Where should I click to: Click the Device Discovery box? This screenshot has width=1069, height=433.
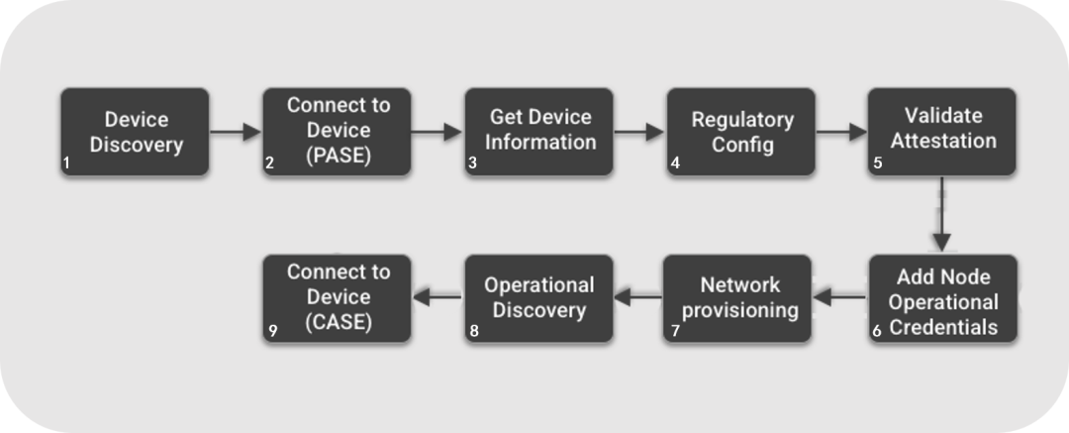135,132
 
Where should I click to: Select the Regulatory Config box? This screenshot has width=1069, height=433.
741,132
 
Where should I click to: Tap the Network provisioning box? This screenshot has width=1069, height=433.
737,298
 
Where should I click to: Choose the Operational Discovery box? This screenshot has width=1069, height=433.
538,298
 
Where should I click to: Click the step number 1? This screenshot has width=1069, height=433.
67,163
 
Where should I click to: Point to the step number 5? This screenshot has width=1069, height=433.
878,163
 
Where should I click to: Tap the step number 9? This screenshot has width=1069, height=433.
273,331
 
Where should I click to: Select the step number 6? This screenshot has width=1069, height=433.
877,331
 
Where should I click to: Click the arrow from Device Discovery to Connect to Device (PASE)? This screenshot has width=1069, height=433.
236,132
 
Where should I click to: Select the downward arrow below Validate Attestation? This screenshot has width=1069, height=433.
941,214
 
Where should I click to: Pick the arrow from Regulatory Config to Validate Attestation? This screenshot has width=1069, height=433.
841,132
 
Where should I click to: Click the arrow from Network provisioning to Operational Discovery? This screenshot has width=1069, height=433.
638,297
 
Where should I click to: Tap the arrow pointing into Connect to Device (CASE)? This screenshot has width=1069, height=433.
437,297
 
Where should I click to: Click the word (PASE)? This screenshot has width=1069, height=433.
339,156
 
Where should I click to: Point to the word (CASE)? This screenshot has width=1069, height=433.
339,322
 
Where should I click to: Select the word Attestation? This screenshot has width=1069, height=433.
943,141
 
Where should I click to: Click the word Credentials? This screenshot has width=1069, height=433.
943,327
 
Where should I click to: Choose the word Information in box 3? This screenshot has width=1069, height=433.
540,142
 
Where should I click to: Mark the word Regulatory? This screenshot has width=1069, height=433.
742,120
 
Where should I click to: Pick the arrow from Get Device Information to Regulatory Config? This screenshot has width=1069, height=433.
639,132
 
